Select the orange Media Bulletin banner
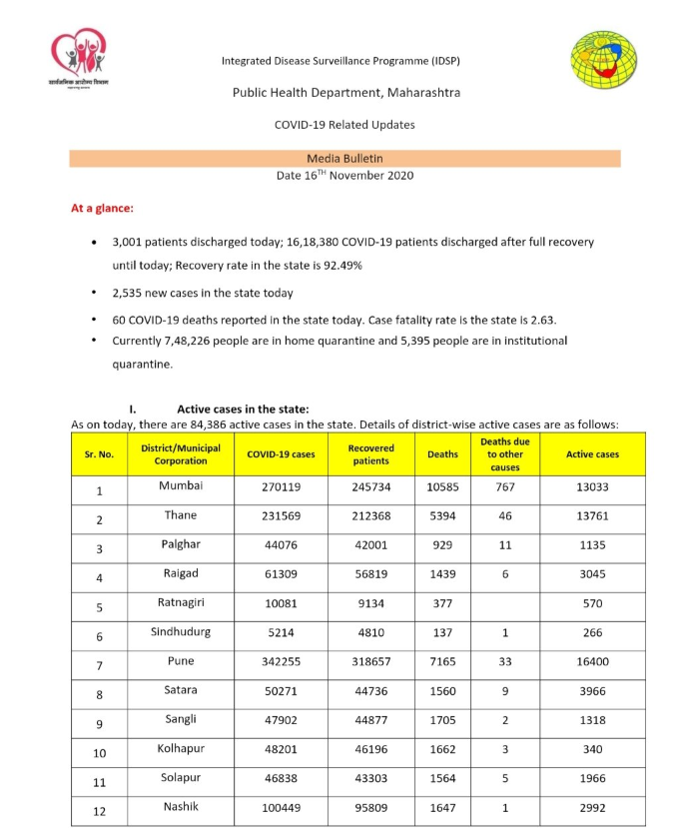coord(344,158)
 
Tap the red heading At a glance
coord(102,209)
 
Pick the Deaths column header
coord(442,454)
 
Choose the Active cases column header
coord(592,454)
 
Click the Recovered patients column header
coord(370,454)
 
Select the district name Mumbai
coord(181,485)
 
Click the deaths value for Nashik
coord(442,808)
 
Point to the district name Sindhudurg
coord(181,632)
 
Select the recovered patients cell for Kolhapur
coord(370,750)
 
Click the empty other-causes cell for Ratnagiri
coord(505,604)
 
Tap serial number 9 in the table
coord(99,723)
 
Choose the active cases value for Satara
coord(592,691)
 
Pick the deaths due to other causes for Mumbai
coord(505,487)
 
